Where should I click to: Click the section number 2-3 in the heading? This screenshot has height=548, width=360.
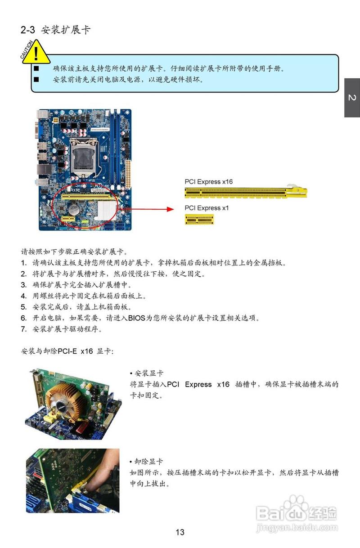click(27, 30)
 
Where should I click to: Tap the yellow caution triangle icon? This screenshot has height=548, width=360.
click(36, 53)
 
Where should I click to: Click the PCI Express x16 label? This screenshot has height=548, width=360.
click(208, 182)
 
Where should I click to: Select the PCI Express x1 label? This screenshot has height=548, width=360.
click(207, 208)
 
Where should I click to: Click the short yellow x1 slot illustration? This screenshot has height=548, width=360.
click(199, 220)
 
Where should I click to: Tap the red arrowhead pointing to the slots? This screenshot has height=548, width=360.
click(171, 209)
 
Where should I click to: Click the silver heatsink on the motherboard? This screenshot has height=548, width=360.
click(107, 211)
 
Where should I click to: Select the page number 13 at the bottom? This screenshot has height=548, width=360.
click(180, 532)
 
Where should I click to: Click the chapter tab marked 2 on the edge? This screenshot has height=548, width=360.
click(352, 98)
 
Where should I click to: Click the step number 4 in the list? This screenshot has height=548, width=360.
click(23, 296)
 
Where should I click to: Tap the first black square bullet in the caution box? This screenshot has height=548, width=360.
click(36, 68)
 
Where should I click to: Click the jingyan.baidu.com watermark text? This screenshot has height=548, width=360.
click(297, 528)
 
